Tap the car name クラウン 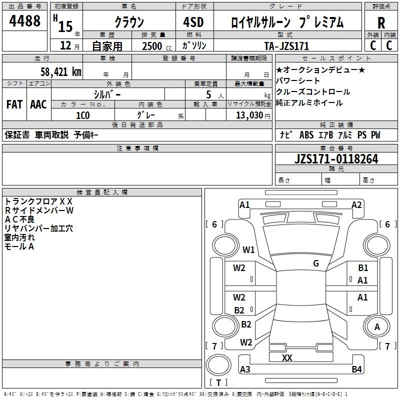(x=129, y=22)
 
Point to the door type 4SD (x=194, y=22)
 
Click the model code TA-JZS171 (x=286, y=46)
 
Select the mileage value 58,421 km (x=60, y=71)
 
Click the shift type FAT (x=14, y=104)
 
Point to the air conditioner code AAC (x=38, y=104)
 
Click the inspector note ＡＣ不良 (x=20, y=219)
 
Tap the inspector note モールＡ (x=19, y=246)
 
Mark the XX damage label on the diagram (x=287, y=357)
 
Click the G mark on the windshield (x=316, y=263)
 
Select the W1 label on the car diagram (x=248, y=249)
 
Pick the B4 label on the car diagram (x=356, y=369)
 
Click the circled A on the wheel (x=377, y=327)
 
